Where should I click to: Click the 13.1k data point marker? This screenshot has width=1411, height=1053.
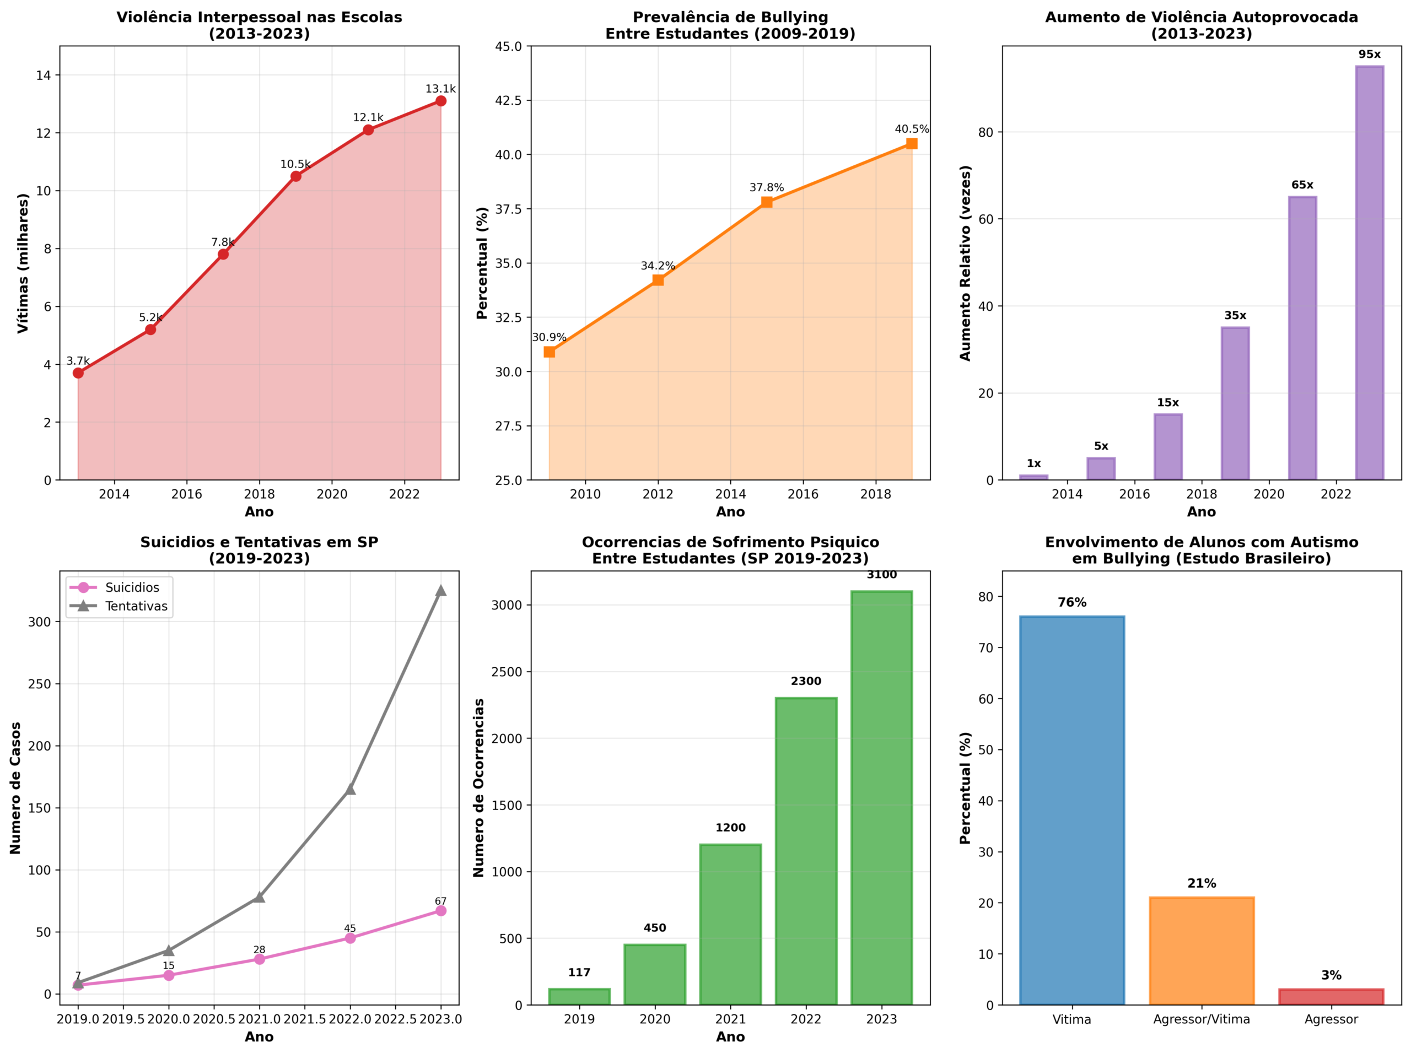[440, 101]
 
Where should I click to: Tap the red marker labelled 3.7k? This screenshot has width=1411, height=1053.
[78, 373]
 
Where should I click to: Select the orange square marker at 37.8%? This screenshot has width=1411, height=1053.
[766, 202]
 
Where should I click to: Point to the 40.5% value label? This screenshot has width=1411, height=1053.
[912, 129]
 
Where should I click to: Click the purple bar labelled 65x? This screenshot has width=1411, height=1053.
[1302, 338]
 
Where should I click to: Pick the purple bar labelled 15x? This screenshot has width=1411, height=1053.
[1167, 447]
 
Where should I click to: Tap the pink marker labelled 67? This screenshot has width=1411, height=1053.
[440, 911]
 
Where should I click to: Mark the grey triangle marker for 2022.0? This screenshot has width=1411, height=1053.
[350, 790]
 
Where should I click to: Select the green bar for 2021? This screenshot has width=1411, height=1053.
[730, 924]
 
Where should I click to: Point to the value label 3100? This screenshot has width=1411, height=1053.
[881, 575]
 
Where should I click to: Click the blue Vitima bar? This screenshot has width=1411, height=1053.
[1072, 810]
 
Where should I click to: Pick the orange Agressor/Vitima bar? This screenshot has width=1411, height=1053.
[1201, 951]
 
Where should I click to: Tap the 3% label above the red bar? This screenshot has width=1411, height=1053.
[1331, 975]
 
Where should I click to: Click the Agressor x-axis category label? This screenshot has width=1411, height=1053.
[1331, 1019]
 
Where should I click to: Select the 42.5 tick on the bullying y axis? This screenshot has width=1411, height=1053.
[508, 101]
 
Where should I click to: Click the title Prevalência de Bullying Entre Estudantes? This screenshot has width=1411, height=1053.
[730, 25]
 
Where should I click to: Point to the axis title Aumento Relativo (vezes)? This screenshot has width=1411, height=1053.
[965, 263]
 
